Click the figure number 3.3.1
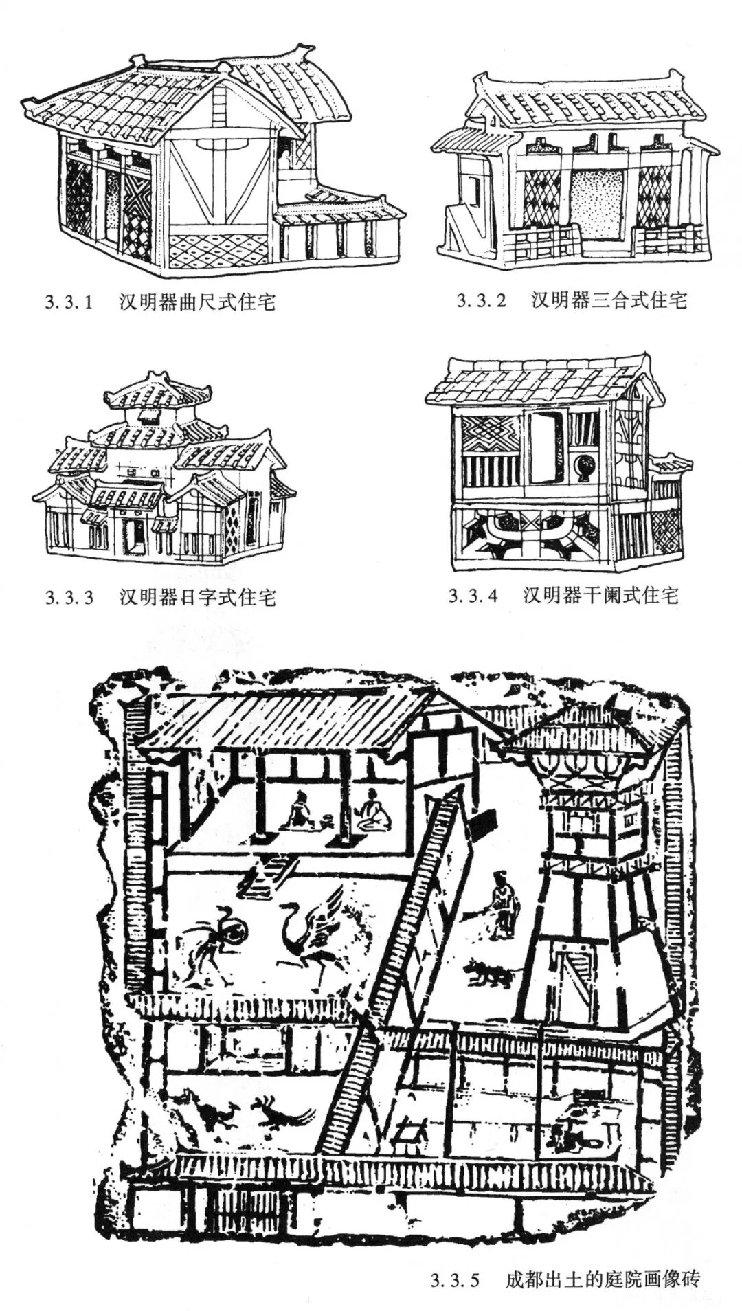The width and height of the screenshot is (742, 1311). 69,302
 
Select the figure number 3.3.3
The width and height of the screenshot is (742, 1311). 69,596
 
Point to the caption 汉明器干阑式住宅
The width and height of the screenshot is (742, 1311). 600,594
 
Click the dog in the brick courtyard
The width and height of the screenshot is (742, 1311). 488,974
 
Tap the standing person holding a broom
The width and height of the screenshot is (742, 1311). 502,904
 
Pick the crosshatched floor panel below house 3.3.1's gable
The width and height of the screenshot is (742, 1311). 218,250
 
